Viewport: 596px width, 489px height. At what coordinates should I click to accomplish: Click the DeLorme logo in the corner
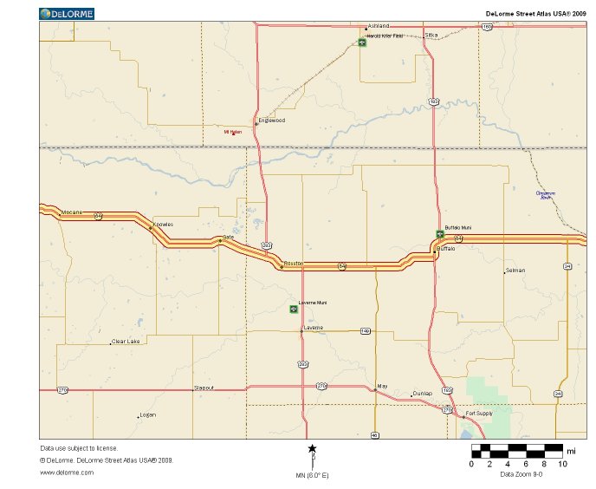pyautogui.click(x=67, y=14)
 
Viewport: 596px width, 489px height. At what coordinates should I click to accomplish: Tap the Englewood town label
pyautogui.click(x=273, y=121)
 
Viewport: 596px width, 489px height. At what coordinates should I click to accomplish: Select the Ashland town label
pyautogui.click(x=379, y=26)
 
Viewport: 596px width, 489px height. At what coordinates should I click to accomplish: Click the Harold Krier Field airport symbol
pyautogui.click(x=362, y=43)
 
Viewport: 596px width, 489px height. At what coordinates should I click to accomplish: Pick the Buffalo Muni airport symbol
pyautogui.click(x=439, y=233)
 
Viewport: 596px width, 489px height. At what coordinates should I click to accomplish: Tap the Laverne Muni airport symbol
pyautogui.click(x=293, y=309)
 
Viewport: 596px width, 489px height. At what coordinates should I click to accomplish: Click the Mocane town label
pyautogui.click(x=71, y=212)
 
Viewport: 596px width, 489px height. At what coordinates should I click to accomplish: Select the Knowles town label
pyautogui.click(x=163, y=225)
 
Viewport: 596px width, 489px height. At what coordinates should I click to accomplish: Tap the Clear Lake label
pyautogui.click(x=126, y=342)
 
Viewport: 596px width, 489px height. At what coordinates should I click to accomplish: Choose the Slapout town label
pyautogui.click(x=204, y=388)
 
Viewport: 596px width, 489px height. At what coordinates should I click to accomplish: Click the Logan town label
pyautogui.click(x=148, y=415)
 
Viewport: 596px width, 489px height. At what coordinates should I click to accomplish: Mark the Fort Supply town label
pyautogui.click(x=479, y=414)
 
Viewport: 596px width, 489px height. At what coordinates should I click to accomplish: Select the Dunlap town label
pyautogui.click(x=422, y=394)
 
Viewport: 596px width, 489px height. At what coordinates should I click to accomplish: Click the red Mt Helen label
pyautogui.click(x=232, y=133)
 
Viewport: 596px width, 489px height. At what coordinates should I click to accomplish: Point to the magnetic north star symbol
pyautogui.click(x=312, y=448)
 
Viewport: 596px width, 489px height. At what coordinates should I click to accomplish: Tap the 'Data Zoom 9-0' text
pyautogui.click(x=521, y=474)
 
